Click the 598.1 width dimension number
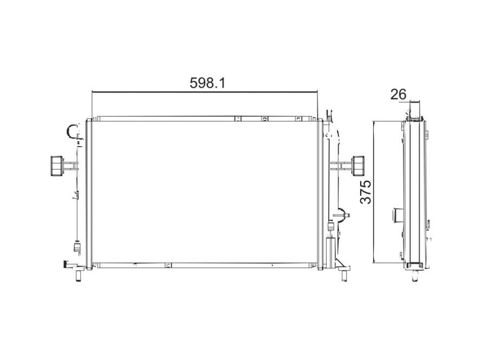(207, 83)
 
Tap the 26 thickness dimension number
(399, 94)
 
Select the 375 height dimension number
(366, 192)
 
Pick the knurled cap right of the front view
(358, 165)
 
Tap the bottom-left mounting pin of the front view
(79, 276)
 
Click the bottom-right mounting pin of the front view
(344, 276)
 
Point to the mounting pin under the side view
(415, 276)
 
